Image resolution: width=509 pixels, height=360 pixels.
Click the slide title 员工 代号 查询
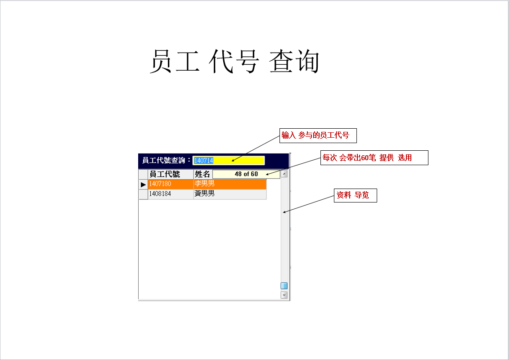[234, 61]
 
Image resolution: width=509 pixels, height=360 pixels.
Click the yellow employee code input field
[229, 160]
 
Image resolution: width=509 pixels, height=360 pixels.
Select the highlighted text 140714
[203, 160]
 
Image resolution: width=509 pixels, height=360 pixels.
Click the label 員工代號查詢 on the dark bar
[164, 160]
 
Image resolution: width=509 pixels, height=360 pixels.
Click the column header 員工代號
[165, 174]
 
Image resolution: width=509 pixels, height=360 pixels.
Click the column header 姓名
[202, 174]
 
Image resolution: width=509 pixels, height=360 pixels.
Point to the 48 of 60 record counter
[246, 174]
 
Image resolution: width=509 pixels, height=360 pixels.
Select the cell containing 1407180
[171, 184]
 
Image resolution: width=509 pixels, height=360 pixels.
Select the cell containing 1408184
[171, 194]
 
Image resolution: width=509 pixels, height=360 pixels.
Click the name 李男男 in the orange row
[204, 184]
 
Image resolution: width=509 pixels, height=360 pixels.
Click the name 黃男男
[204, 193]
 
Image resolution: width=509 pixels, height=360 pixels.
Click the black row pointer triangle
[143, 184]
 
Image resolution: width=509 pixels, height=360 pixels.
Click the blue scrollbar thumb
[284, 286]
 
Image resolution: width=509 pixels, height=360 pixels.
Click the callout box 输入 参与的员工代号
[318, 135]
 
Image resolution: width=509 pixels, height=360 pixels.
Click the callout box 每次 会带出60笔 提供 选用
[374, 158]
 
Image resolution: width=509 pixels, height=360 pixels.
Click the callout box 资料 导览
[356, 195]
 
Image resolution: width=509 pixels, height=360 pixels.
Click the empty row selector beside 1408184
[143, 194]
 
